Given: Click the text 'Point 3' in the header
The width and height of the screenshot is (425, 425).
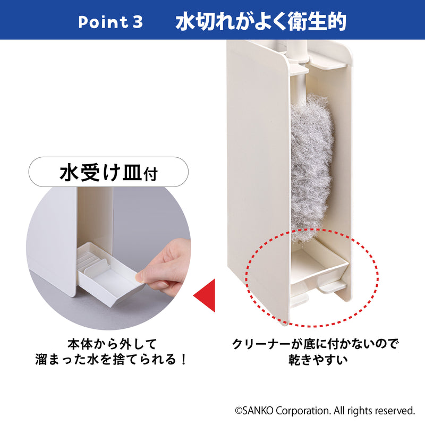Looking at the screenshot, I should tap(110, 22).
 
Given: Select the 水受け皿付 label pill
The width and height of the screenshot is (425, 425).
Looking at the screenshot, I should tap(108, 173).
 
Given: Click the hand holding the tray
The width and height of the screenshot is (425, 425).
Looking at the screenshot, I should tap(167, 266).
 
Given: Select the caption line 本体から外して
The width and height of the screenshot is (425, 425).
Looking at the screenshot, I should tap(112, 344).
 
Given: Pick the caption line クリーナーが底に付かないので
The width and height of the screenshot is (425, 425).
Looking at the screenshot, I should tap(315, 344).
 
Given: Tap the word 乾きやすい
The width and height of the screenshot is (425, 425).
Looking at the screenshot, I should tap(315, 360).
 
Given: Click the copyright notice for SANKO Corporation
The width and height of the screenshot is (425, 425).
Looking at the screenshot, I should tap(325, 411).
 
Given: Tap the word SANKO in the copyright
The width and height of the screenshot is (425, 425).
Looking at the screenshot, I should tap(259, 411).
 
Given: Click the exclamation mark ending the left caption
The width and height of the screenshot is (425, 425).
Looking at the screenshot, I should tap(183, 360).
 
